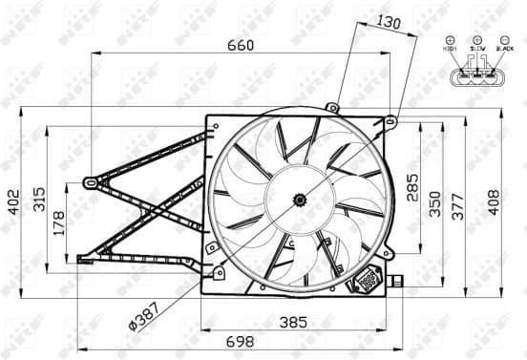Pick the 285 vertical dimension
[x=411, y=186]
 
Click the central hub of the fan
[x=300, y=200]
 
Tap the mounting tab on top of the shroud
[x=332, y=107]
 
